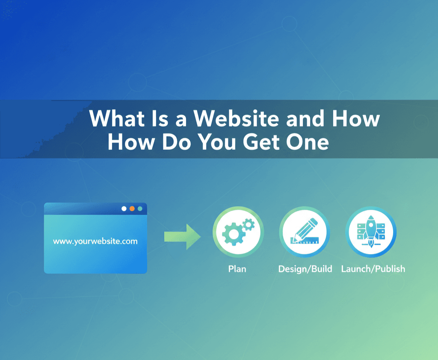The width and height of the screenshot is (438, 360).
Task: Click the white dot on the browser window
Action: pyautogui.click(x=124, y=208)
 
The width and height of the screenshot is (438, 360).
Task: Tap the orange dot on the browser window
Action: pyautogui.click(x=132, y=208)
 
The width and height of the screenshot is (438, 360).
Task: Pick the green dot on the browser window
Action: pyautogui.click(x=140, y=208)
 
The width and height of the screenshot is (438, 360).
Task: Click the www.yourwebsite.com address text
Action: pyautogui.click(x=95, y=241)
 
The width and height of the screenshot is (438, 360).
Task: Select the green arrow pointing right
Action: pyautogui.click(x=182, y=237)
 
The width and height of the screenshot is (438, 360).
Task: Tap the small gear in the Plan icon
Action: pyautogui.click(x=248, y=223)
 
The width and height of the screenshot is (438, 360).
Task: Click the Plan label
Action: pyautogui.click(x=237, y=269)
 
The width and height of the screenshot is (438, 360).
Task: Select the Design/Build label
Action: pyautogui.click(x=305, y=269)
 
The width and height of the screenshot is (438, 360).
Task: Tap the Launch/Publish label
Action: pyautogui.click(x=373, y=269)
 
